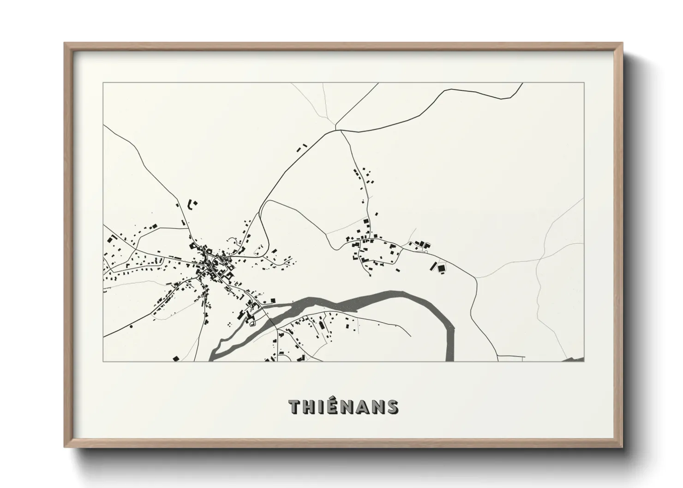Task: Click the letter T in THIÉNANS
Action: point(295,407)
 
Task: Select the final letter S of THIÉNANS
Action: point(393,407)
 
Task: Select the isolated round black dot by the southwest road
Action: point(132,327)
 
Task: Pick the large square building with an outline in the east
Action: point(442,268)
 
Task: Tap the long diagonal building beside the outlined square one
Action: point(433,266)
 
